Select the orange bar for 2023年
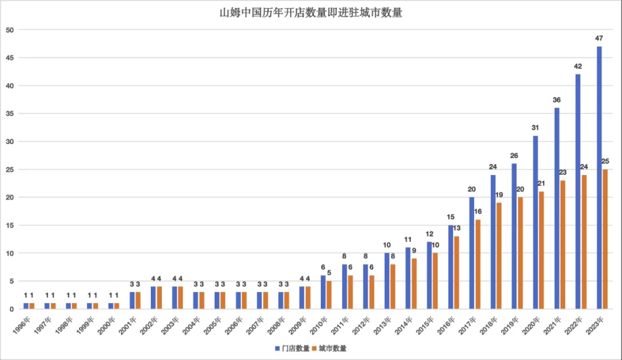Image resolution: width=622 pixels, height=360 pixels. click(x=605, y=239)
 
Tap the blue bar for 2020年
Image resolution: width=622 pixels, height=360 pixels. click(x=536, y=222)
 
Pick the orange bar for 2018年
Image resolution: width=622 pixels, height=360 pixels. click(x=499, y=256)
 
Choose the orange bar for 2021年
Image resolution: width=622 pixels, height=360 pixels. click(x=563, y=245)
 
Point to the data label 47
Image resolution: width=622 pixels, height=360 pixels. click(x=600, y=38)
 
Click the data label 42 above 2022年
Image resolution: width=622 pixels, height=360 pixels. click(x=578, y=66)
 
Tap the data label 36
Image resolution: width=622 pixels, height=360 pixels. click(x=557, y=100)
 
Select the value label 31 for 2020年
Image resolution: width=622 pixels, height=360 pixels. click(x=536, y=127)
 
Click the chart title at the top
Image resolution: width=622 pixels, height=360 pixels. click(x=311, y=13)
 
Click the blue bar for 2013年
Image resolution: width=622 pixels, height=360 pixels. click(x=387, y=281)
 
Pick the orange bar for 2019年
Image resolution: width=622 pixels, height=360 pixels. click(x=520, y=253)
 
